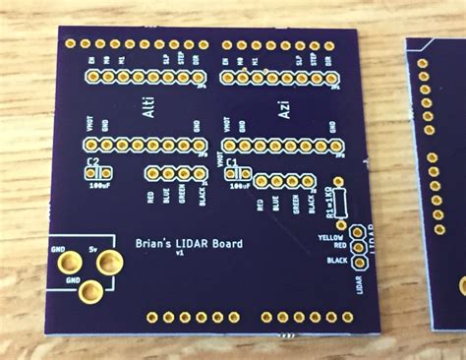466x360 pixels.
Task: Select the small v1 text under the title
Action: pos(179,254)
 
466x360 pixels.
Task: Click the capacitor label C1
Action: pos(232,161)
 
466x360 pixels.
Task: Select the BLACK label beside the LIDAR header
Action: pos(336,260)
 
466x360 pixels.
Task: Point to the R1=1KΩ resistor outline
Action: pos(341,201)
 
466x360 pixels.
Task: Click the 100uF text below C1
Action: pos(239,184)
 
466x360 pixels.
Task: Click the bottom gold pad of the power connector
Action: pos(91,291)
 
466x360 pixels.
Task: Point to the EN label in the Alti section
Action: pos(91,62)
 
